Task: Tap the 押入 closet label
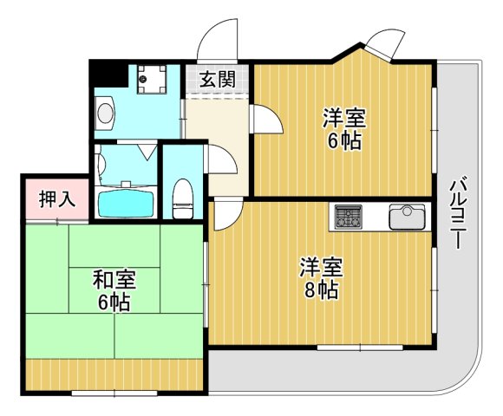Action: (57, 199)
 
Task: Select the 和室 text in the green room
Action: (114, 280)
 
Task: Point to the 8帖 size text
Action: (321, 291)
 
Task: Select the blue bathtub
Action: (126, 205)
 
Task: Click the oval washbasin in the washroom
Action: (106, 113)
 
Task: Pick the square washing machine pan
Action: (153, 81)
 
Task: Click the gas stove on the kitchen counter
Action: (349, 215)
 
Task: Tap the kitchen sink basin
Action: (406, 216)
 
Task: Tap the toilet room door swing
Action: (216, 161)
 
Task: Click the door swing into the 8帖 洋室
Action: (224, 214)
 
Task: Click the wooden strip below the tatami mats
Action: (114, 374)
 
